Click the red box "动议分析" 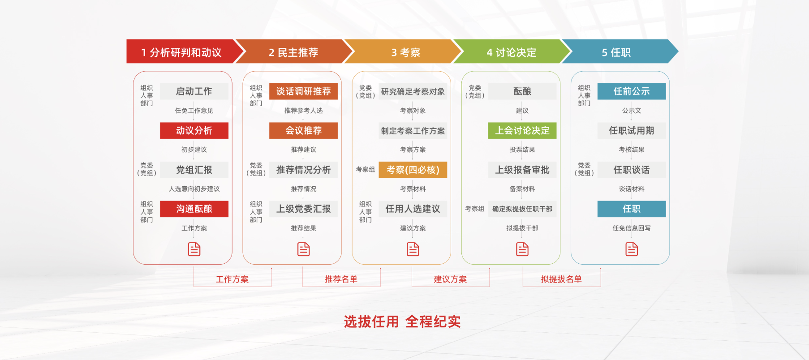point(194,131)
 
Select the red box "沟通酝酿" point(194,209)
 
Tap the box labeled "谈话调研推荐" point(303,91)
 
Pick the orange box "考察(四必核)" point(413,170)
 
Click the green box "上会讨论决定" point(522,131)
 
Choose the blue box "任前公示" point(631,91)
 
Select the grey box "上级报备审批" point(522,170)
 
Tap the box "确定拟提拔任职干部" point(522,209)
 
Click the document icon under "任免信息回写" point(632,249)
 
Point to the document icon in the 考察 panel point(413,249)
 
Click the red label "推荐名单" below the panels point(341,279)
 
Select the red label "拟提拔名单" point(561,279)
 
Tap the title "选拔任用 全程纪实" point(402,321)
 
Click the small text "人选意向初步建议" point(194,189)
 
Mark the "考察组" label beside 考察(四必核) point(366,170)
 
